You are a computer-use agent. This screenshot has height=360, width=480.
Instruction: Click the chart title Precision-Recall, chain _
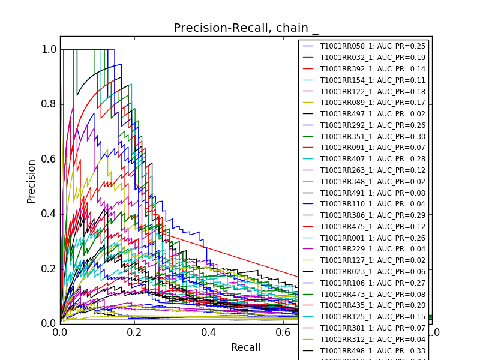246,28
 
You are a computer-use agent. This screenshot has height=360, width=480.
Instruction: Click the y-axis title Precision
31,181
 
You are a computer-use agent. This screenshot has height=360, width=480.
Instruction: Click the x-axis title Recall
245,347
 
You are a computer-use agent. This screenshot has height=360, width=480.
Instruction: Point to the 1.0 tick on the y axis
49,50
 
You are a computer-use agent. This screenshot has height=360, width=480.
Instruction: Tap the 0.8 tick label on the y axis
49,104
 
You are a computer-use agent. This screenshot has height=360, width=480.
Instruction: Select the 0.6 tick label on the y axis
49,159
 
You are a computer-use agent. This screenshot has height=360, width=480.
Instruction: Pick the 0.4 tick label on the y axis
49,214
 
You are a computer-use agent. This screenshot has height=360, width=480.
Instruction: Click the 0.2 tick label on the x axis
134,332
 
